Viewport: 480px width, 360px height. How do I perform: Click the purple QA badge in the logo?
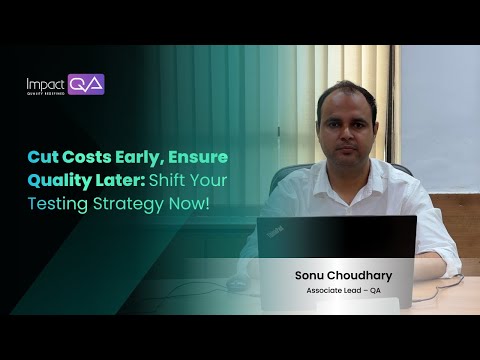(x=87, y=84)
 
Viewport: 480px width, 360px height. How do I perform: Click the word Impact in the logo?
(x=46, y=83)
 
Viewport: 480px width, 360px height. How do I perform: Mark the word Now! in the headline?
(x=190, y=205)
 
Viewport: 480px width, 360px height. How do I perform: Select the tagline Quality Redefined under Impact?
(x=46, y=93)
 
